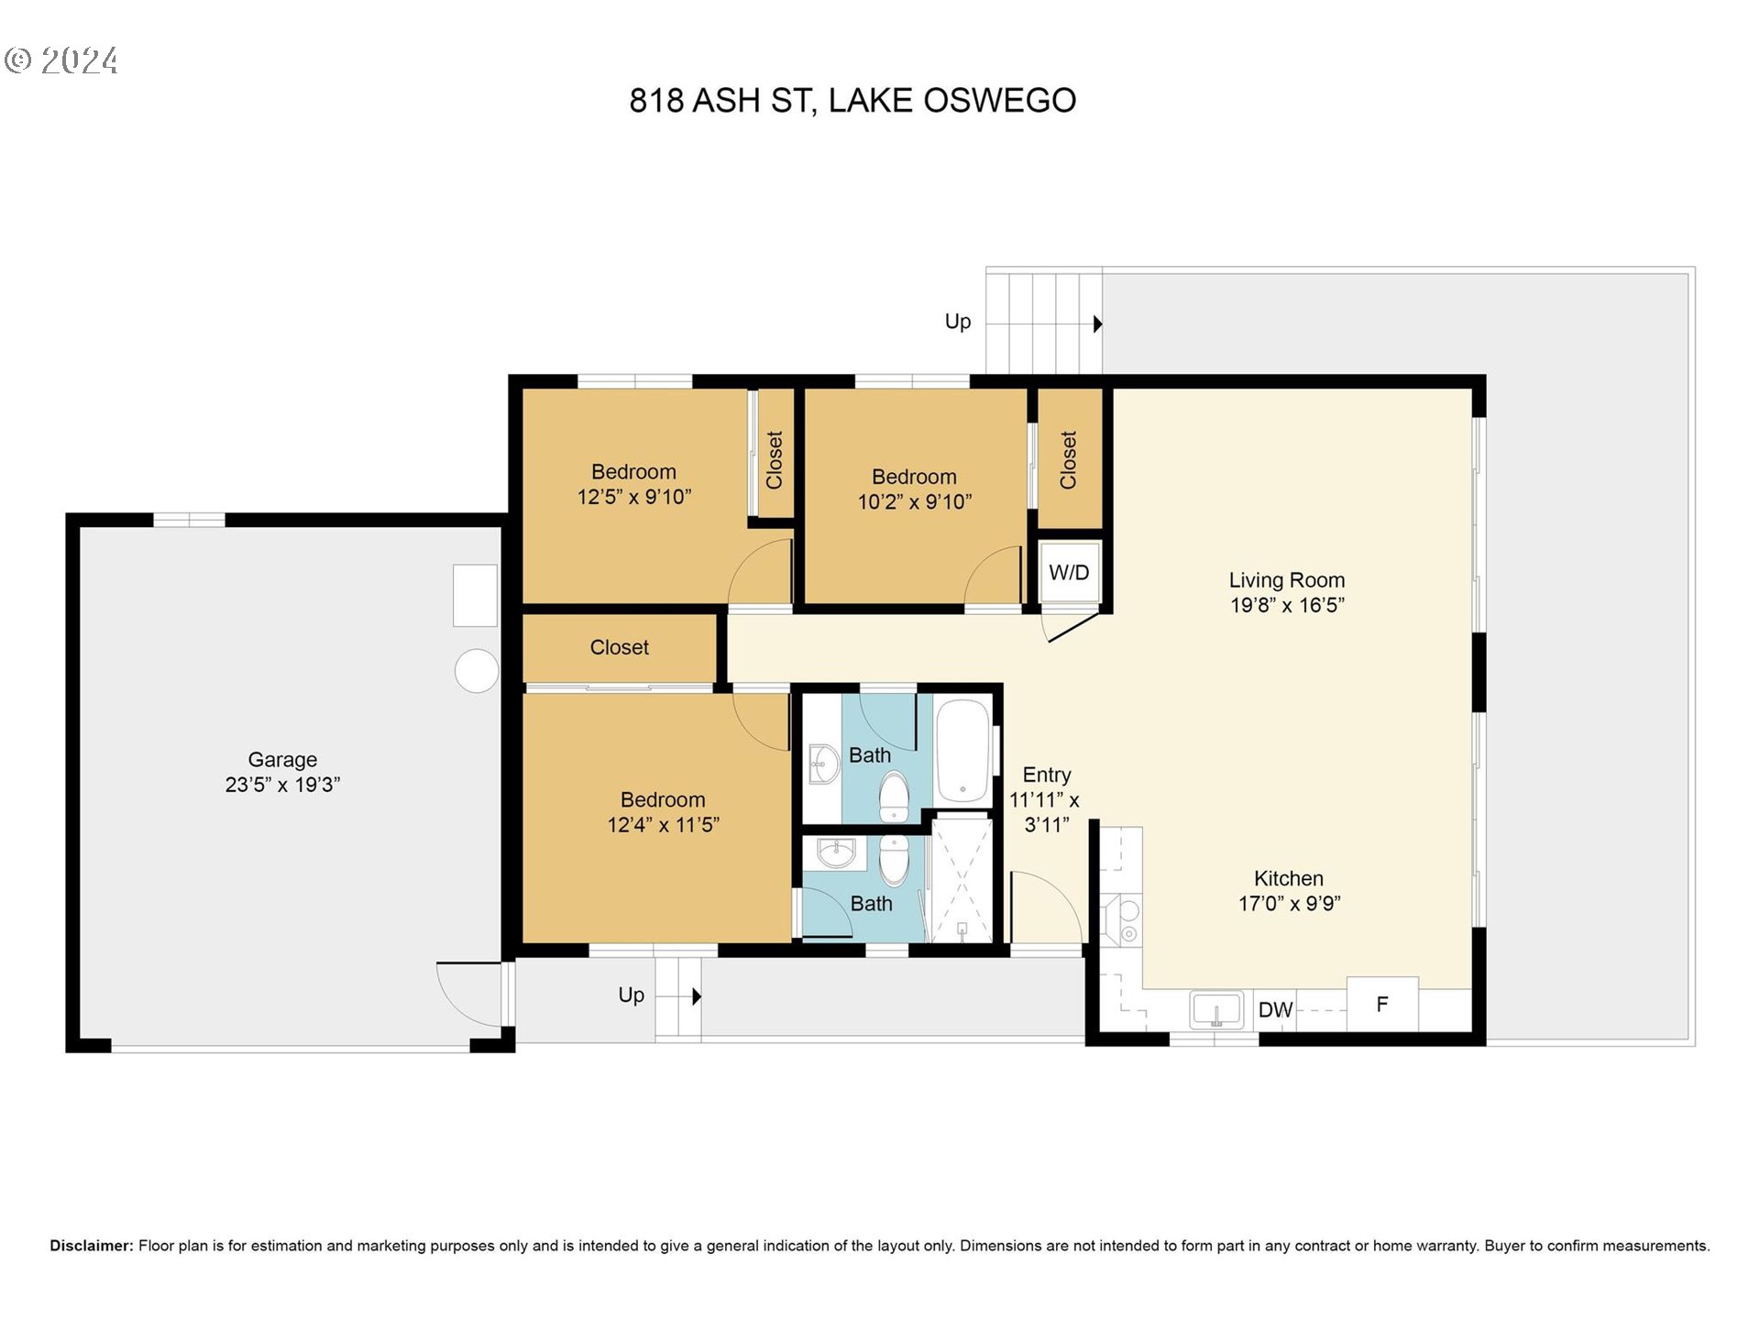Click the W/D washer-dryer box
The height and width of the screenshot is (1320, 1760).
click(1069, 573)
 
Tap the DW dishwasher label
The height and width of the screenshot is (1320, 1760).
click(1275, 1010)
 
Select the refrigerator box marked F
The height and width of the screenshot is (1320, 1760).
click(1381, 1005)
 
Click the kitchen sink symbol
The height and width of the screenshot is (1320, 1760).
click(1216, 1010)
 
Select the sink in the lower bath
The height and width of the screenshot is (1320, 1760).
click(836, 853)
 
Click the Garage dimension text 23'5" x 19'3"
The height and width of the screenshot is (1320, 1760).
click(282, 785)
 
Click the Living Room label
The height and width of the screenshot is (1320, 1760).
click(1286, 580)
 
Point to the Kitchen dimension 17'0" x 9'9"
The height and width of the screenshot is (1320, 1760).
click(1289, 904)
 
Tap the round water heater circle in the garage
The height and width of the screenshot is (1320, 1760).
click(477, 670)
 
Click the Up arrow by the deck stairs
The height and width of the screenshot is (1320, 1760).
click(1097, 324)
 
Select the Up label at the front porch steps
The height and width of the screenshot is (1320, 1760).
click(631, 995)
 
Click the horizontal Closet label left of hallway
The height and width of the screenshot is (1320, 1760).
click(619, 647)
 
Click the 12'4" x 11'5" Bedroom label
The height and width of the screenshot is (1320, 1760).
click(663, 812)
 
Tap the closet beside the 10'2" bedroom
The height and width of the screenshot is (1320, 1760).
click(1069, 459)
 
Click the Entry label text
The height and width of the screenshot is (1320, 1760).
click(1046, 775)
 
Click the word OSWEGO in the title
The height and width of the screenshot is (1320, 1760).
click(999, 101)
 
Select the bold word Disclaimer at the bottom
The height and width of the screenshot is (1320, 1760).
click(92, 1246)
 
